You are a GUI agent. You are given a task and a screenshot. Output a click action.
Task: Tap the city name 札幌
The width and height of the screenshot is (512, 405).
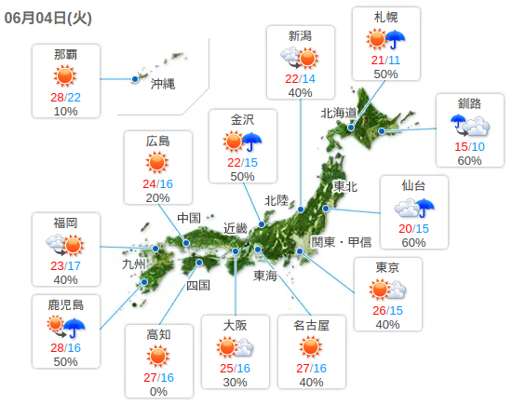click(386, 19)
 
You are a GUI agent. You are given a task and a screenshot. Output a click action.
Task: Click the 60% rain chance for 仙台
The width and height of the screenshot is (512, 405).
click(413, 243)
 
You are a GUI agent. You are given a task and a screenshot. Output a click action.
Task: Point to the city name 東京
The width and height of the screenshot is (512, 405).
click(388, 267)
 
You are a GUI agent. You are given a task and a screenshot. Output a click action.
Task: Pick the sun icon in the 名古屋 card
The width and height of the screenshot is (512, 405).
click(311, 348)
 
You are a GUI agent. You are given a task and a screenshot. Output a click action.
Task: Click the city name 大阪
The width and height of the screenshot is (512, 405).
click(235, 325)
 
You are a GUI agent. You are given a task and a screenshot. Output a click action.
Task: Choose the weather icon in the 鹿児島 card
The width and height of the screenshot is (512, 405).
click(66, 326)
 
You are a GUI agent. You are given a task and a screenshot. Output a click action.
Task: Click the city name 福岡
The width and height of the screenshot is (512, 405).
click(65, 223)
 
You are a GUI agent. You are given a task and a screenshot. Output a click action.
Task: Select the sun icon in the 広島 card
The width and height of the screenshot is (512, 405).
click(158, 163)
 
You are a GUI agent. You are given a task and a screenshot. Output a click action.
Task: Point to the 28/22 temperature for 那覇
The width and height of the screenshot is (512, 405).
click(65, 97)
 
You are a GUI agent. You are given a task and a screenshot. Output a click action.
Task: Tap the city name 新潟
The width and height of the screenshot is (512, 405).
click(300, 36)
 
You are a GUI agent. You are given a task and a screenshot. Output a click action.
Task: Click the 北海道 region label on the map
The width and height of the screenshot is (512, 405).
click(339, 113)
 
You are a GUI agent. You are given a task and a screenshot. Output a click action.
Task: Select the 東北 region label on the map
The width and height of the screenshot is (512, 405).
click(344, 186)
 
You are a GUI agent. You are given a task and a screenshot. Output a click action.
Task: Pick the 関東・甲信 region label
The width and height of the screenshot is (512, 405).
click(341, 242)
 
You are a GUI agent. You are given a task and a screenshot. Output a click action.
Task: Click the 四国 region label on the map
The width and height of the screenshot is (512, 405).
click(198, 285)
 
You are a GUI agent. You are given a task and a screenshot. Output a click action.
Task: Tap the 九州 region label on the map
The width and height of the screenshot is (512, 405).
click(134, 263)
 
